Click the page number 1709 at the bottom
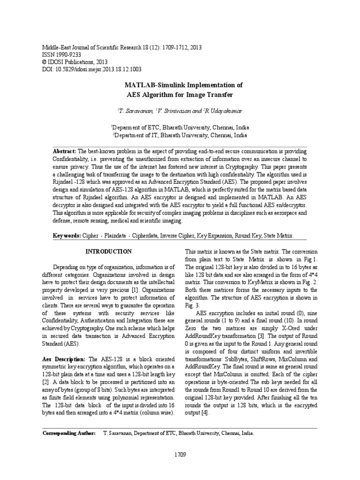point(180,454)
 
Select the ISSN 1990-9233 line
point(60,54)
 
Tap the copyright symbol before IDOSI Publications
point(45,61)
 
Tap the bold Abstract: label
point(65,152)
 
